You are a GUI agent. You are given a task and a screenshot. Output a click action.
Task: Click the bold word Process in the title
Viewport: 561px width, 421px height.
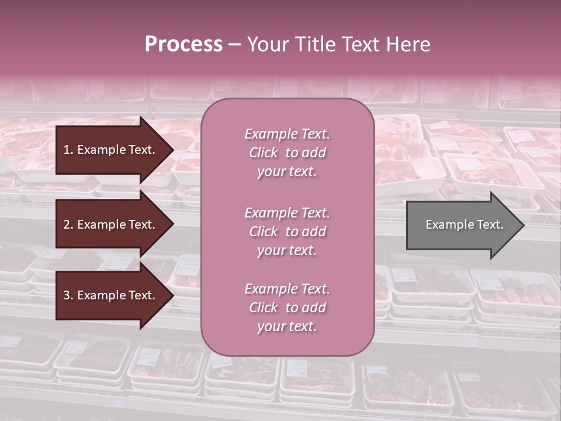point(183,44)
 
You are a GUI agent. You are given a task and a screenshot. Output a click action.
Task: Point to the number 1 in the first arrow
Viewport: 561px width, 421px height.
point(67,150)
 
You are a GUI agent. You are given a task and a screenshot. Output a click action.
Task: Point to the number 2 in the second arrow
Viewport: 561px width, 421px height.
point(67,225)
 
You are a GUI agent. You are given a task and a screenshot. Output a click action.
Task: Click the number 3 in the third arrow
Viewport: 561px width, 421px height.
point(67,295)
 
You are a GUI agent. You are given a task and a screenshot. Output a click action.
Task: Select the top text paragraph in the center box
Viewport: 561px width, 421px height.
point(287,153)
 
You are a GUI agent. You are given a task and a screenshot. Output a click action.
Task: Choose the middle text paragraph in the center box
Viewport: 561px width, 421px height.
point(287,232)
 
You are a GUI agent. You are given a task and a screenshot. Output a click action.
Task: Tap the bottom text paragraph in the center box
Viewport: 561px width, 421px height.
point(287,308)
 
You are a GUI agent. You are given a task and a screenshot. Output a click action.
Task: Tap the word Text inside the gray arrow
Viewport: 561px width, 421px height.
point(490,225)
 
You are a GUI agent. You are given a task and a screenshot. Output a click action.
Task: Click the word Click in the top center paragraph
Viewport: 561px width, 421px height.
point(264,153)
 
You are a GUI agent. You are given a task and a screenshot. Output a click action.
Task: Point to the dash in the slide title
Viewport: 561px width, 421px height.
point(234,44)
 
